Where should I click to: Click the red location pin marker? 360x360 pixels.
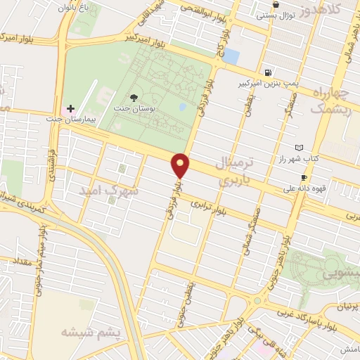click(181, 166)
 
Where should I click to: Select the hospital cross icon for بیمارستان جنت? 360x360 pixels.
click(70, 108)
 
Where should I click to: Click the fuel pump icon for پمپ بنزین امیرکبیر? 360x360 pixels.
click(268, 72)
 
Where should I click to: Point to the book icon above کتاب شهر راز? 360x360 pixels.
click(300, 148)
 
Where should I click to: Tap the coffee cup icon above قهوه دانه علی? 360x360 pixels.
click(304, 177)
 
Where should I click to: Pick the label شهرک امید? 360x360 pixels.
click(108, 191)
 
